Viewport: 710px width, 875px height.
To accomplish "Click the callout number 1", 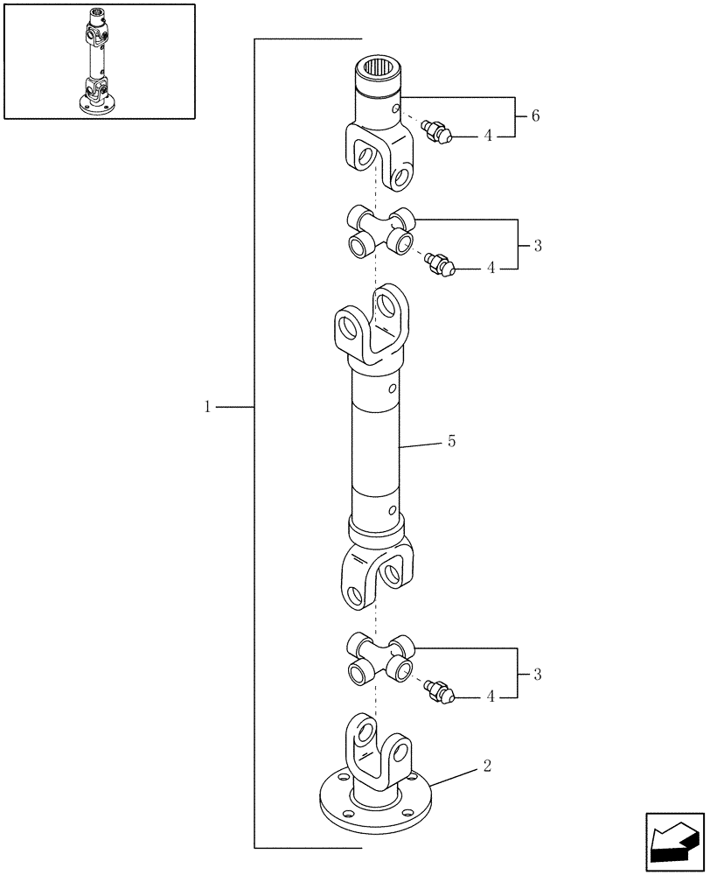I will click(x=207, y=407).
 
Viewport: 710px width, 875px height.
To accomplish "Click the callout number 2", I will click(x=487, y=766).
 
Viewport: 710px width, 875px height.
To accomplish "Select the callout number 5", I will click(x=451, y=442).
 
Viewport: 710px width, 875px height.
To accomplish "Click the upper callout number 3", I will click(x=537, y=246).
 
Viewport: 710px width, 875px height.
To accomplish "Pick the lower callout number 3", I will click(x=537, y=675).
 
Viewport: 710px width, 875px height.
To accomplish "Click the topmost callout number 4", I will click(x=490, y=136).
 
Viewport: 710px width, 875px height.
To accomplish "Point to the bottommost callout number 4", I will click(x=490, y=697).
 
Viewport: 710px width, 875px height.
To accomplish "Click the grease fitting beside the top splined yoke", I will click(x=435, y=132).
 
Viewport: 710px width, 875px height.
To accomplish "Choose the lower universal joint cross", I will click(x=380, y=658).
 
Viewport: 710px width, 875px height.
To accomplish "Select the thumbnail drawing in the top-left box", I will click(x=99, y=61).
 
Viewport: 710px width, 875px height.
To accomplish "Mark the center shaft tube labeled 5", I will click(x=375, y=451).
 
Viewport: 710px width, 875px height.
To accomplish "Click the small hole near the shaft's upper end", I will click(x=393, y=388).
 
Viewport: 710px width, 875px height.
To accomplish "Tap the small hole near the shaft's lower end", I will click(x=393, y=510).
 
